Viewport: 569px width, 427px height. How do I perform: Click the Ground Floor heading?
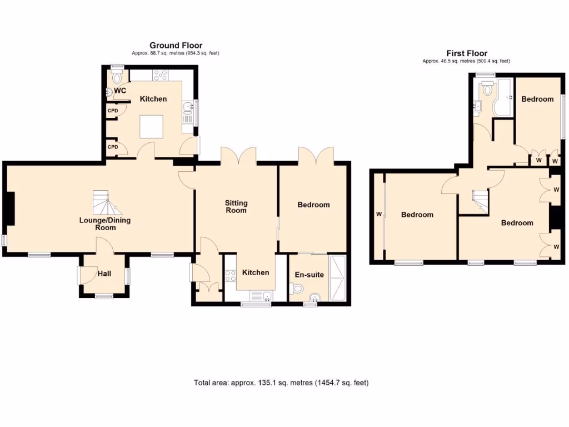(x=176, y=46)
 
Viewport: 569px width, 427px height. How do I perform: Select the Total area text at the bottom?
(x=281, y=383)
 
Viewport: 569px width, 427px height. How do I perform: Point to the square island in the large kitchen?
(x=151, y=126)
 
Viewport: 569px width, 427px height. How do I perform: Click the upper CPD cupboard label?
(x=113, y=110)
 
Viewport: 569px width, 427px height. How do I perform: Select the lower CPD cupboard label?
(x=113, y=147)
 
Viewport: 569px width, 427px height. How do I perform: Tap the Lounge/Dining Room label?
(x=105, y=224)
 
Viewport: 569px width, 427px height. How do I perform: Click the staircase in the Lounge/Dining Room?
(x=106, y=202)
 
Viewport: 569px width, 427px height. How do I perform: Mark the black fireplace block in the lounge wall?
(x=9, y=209)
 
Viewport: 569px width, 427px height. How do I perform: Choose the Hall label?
(x=104, y=274)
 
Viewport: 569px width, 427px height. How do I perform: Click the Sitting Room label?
(x=236, y=206)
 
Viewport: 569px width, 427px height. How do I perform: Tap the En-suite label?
(x=310, y=275)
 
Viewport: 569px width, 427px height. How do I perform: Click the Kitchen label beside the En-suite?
(x=256, y=272)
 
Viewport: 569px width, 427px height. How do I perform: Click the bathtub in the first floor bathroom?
(x=503, y=97)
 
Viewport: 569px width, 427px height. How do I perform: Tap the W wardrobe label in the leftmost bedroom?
(x=378, y=214)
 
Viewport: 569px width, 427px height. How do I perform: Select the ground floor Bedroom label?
(x=313, y=205)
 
